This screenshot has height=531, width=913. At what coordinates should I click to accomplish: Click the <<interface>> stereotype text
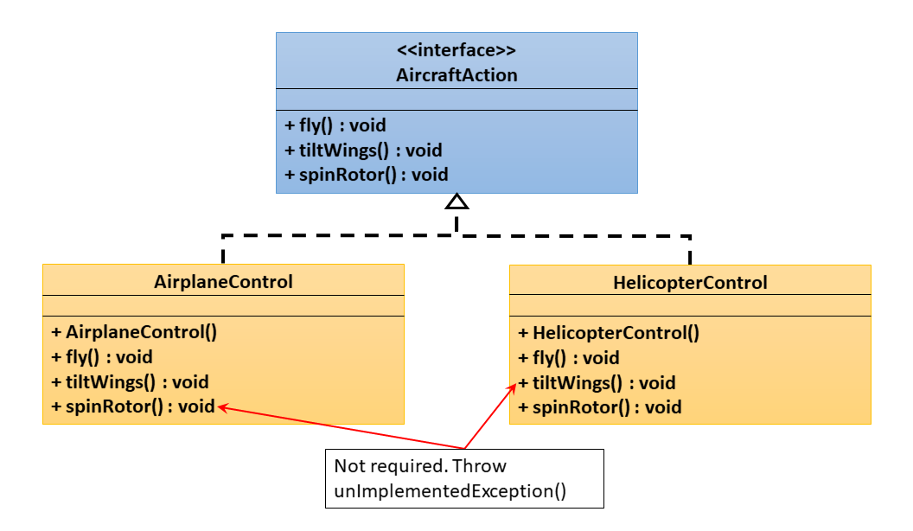(456, 50)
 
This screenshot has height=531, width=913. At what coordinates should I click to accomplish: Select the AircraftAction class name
(456, 75)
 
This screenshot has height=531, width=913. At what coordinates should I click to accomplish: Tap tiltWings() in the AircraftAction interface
(363, 150)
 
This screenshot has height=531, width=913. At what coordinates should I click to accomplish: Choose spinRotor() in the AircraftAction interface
(367, 174)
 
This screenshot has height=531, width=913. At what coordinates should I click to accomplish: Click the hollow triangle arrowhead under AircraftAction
(456, 202)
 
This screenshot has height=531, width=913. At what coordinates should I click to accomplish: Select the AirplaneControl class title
(223, 281)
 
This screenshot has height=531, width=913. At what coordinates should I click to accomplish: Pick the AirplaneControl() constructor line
(133, 331)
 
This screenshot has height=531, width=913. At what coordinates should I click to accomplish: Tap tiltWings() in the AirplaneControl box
(130, 381)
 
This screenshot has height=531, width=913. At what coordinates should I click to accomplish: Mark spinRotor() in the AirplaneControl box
(133, 406)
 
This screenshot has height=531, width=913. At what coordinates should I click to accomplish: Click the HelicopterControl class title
(690, 283)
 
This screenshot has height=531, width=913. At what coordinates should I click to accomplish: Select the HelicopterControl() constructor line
(609, 333)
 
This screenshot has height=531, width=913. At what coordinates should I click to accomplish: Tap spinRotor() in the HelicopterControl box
(600, 407)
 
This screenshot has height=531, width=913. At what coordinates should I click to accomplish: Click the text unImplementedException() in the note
(450, 491)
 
